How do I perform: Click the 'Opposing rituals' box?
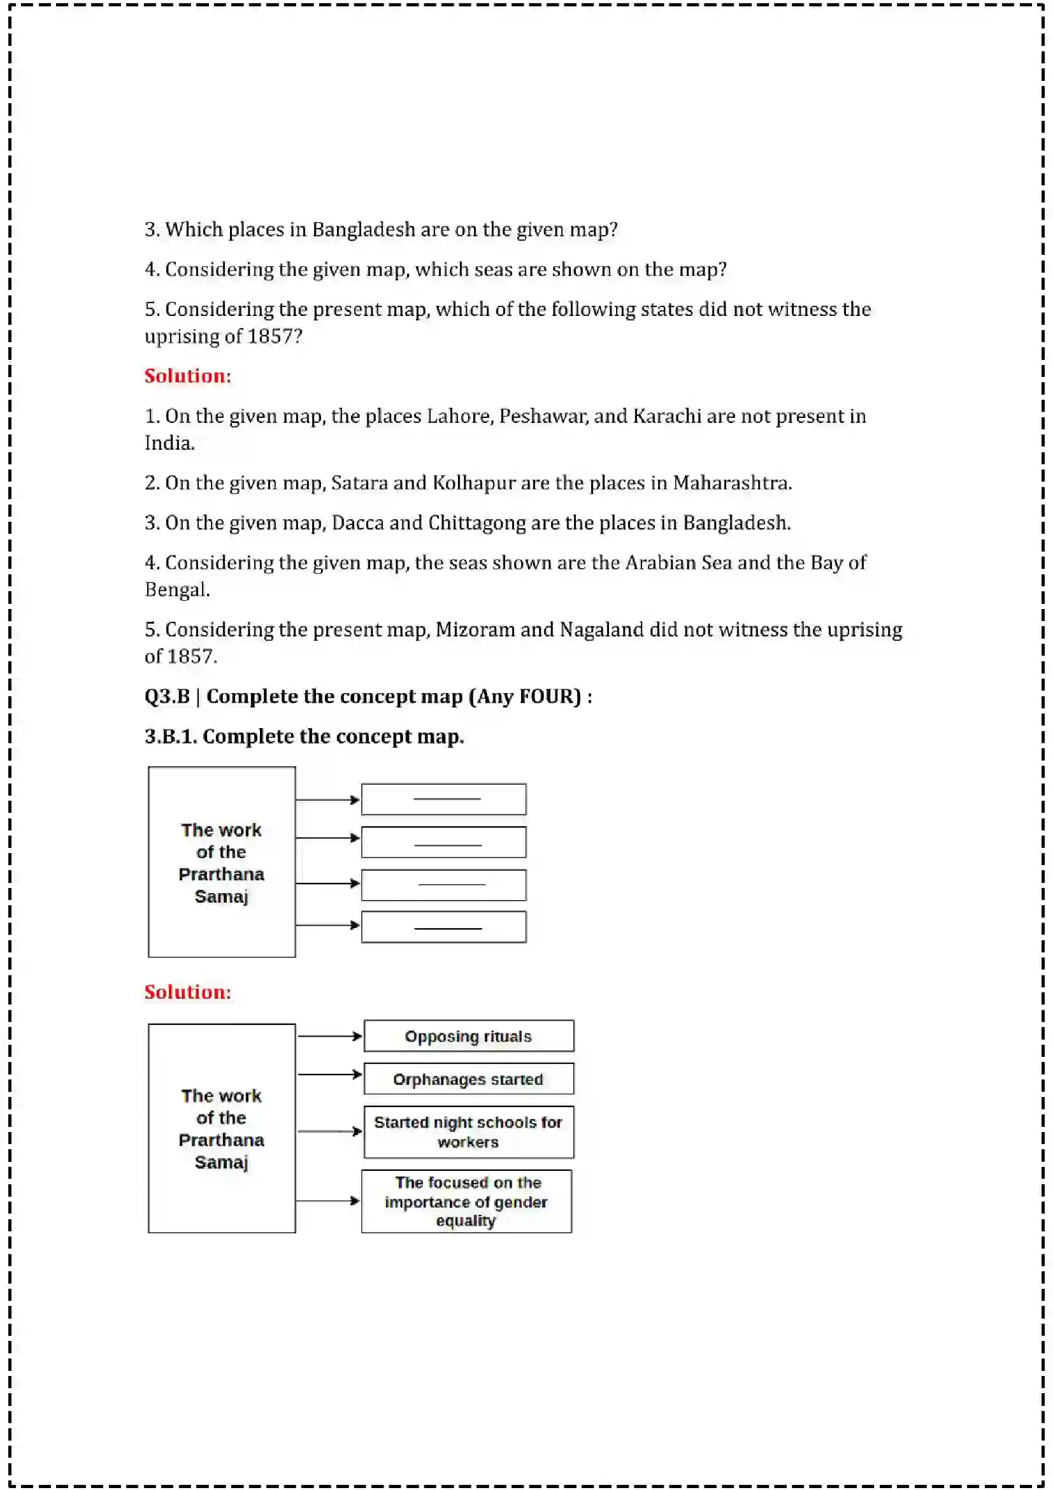click(x=468, y=1036)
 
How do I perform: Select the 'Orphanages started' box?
click(x=468, y=1079)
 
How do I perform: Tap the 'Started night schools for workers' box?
click(x=468, y=1132)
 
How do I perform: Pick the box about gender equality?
click(x=466, y=1201)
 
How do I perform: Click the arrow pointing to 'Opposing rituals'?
click(x=329, y=1036)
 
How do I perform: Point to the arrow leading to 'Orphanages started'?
click(x=329, y=1075)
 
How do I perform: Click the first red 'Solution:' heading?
click(x=187, y=376)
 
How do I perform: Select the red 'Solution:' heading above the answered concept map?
click(x=187, y=992)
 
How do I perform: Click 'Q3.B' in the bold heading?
click(x=167, y=696)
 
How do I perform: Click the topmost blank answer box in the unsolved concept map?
click(x=443, y=799)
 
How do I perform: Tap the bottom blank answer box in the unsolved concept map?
click(x=443, y=927)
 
